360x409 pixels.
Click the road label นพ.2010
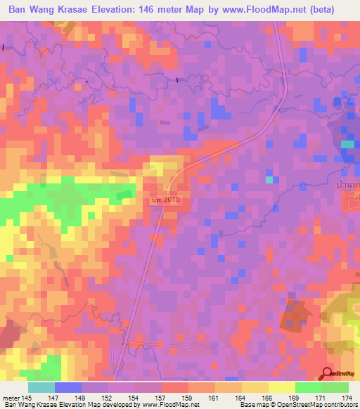[166, 201]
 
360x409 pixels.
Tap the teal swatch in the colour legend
[41, 387]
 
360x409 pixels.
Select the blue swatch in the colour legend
[68, 387]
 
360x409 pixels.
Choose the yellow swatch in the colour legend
[282, 387]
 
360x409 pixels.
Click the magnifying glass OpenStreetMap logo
[327, 374]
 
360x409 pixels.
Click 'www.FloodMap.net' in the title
[257, 9]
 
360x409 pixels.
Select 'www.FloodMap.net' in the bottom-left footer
[169, 405]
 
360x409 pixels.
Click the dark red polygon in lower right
[296, 313]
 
